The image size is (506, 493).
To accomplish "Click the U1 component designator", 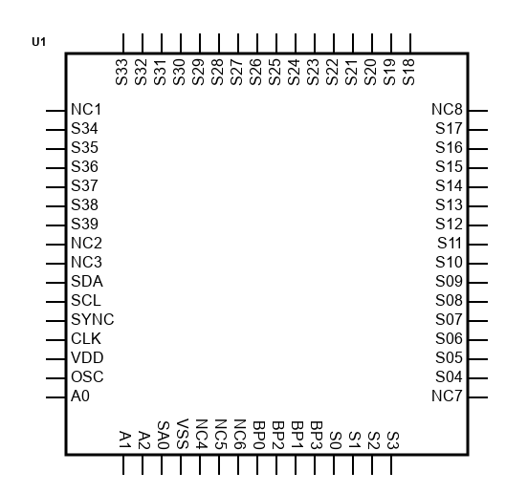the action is (38, 42).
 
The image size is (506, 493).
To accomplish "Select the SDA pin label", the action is (87, 282).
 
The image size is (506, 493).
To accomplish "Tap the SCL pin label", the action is (86, 301).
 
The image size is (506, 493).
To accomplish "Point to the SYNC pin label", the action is (92, 319).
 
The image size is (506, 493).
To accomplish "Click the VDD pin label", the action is (87, 358).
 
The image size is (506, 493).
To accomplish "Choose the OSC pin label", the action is (87, 377).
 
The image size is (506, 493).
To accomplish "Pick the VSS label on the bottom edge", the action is (183, 434).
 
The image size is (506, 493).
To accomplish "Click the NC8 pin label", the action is (447, 110).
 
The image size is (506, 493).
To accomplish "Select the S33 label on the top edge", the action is (121, 73).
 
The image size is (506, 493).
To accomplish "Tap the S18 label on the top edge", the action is (408, 73).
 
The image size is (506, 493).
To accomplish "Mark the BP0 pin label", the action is (259, 435).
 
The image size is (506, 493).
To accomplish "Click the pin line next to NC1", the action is (55, 111).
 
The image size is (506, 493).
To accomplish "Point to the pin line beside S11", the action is (478, 245).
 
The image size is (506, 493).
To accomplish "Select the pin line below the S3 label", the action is (391, 465).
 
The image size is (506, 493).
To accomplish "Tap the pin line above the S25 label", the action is (276, 43).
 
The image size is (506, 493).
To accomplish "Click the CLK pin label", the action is (86, 339).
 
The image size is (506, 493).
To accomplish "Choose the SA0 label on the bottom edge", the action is (164, 435).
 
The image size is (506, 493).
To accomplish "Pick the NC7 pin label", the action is (447, 396).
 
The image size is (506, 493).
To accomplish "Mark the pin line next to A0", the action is (55, 397).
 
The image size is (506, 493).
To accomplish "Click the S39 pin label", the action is (84, 225).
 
